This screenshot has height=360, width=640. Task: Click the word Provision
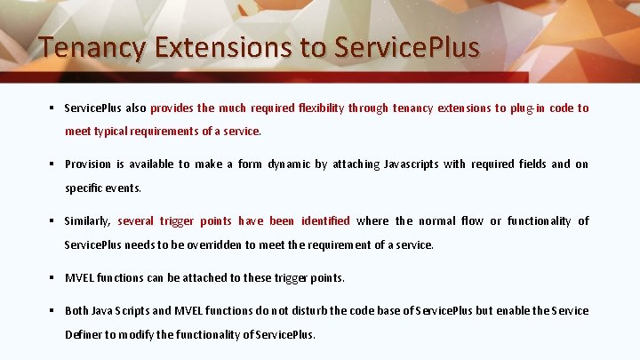pyautogui.click(x=88, y=164)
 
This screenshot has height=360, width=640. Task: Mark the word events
pyautogui.click(x=124, y=188)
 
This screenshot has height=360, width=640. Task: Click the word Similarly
pyautogui.click(x=88, y=221)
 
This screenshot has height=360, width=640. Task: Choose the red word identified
pyautogui.click(x=325, y=221)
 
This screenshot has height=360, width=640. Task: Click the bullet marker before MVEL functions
pyautogui.click(x=53, y=277)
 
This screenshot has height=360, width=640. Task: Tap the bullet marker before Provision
pyautogui.click(x=53, y=164)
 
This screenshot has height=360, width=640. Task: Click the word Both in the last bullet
pyautogui.click(x=77, y=310)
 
